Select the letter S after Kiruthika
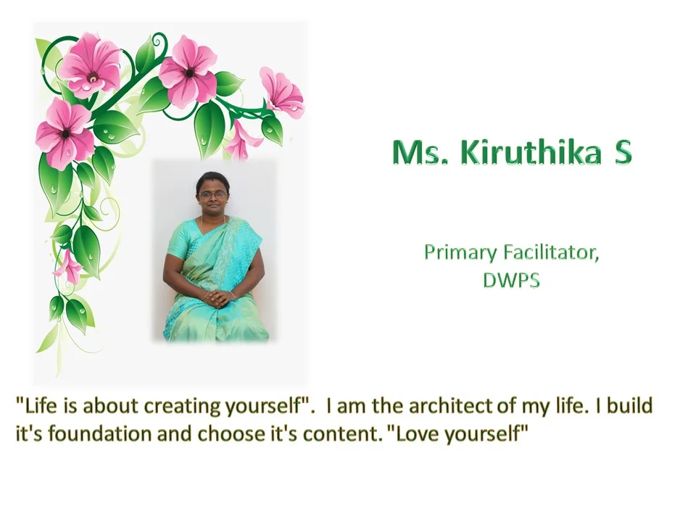[623, 152]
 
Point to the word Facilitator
[551, 252]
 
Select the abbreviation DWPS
[511, 280]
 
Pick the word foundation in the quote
[100, 434]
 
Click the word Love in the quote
[418, 434]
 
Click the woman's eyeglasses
[212, 194]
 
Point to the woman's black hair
[212, 180]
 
